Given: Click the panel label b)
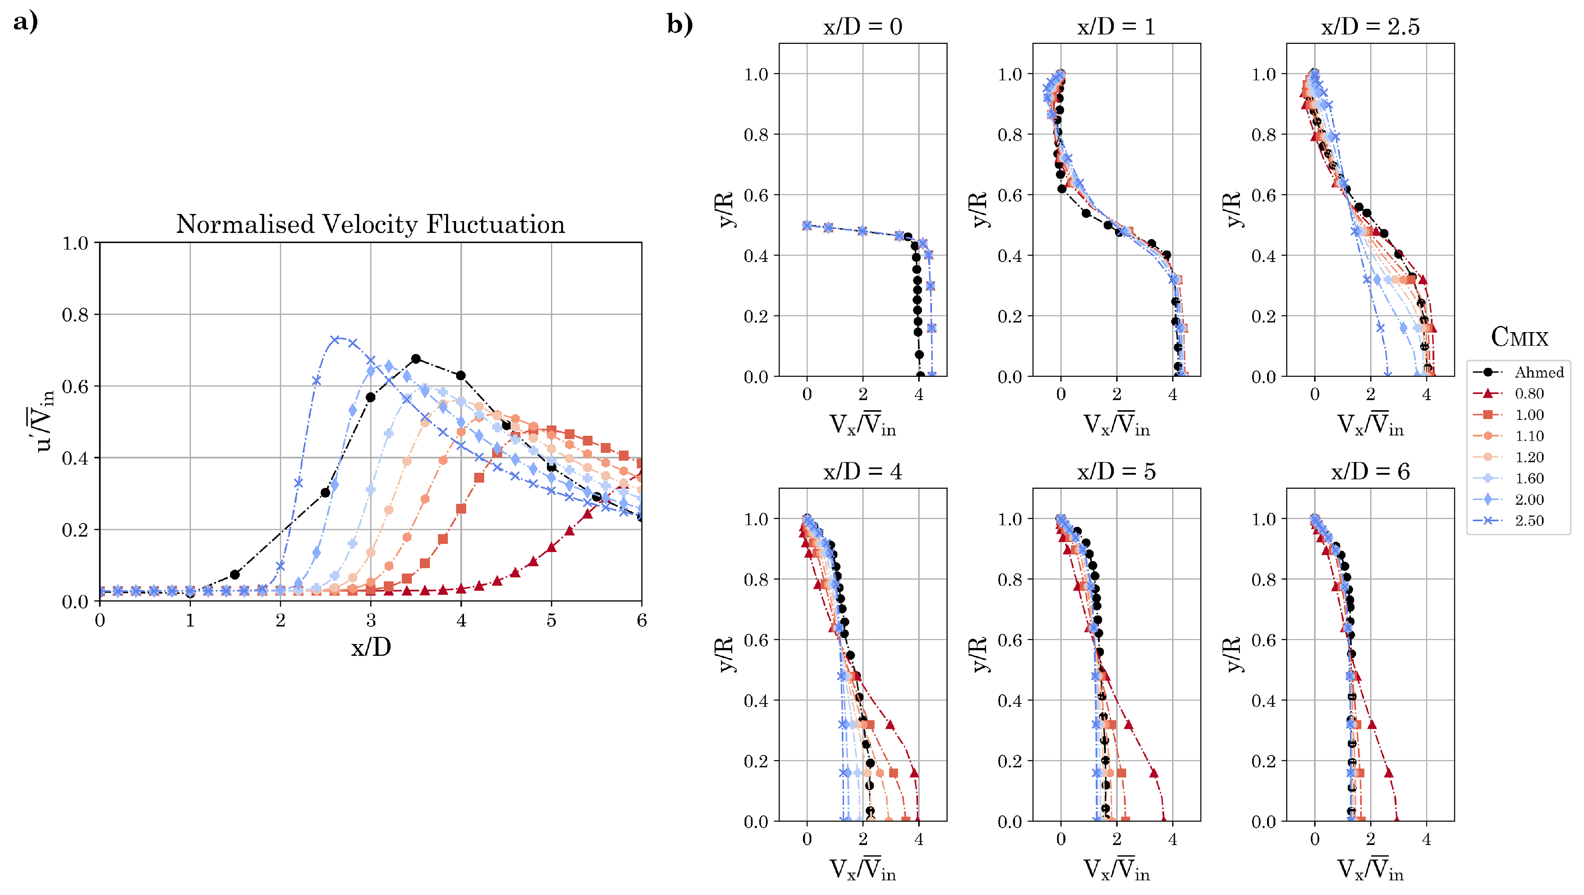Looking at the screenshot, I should point(680,24).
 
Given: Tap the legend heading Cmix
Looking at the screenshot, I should point(1519,337).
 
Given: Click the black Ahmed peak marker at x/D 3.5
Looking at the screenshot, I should point(416,358).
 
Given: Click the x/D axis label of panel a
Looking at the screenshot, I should point(371,647).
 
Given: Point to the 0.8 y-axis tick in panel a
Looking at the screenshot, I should point(75,315).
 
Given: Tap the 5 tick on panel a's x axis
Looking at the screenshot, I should point(551,620).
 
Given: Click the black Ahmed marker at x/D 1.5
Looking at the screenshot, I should point(235,574).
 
